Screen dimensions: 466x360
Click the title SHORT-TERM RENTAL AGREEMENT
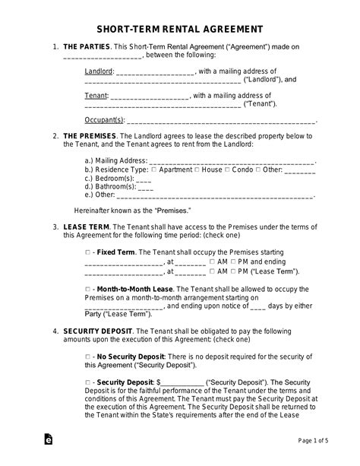click(179, 29)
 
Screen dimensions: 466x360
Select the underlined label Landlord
click(98, 71)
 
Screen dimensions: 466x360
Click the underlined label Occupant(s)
click(105, 119)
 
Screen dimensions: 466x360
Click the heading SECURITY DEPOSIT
click(97, 331)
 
